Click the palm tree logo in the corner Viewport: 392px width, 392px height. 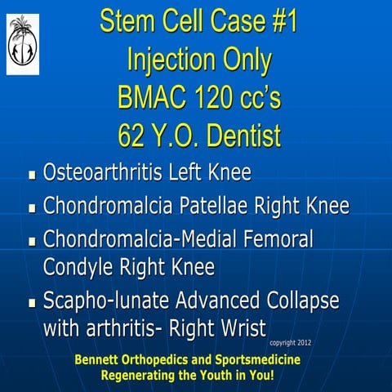23,44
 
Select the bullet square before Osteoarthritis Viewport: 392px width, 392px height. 33,175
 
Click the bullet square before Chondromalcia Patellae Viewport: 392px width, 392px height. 33,207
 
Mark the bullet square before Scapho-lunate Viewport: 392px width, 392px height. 33,302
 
